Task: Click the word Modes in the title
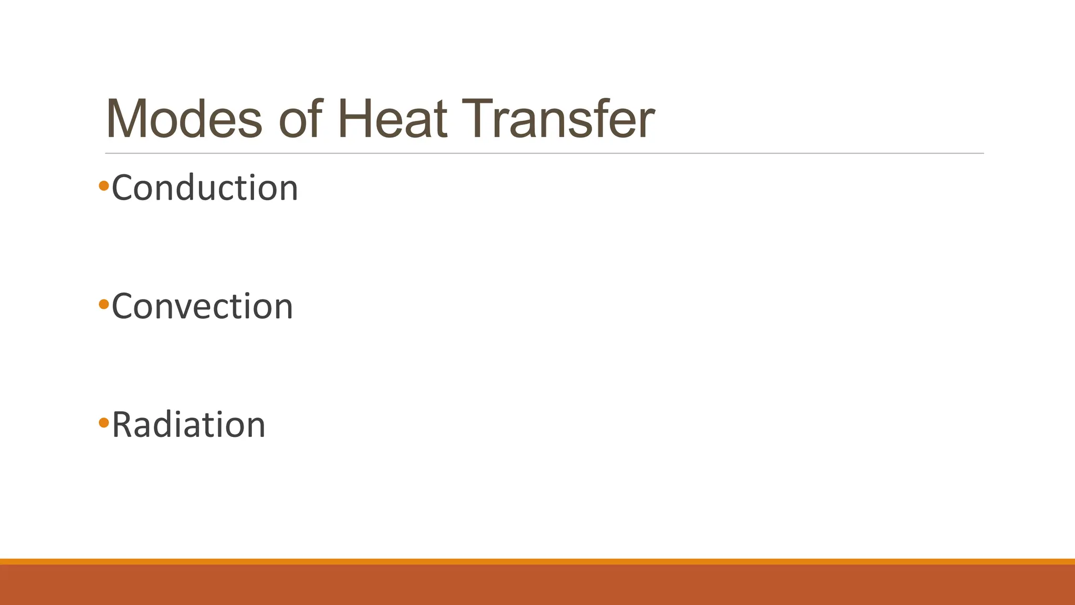coord(184,119)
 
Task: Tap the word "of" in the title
coord(300,119)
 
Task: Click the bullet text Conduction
coord(205,188)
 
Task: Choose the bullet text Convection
coord(202,306)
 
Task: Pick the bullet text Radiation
coord(188,425)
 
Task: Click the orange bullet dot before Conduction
coord(103,185)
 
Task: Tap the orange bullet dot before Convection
coord(103,304)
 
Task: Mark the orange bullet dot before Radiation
coord(103,422)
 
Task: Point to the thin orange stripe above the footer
coord(537,561)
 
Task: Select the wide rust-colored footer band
coord(537,585)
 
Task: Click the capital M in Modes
coord(127,119)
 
